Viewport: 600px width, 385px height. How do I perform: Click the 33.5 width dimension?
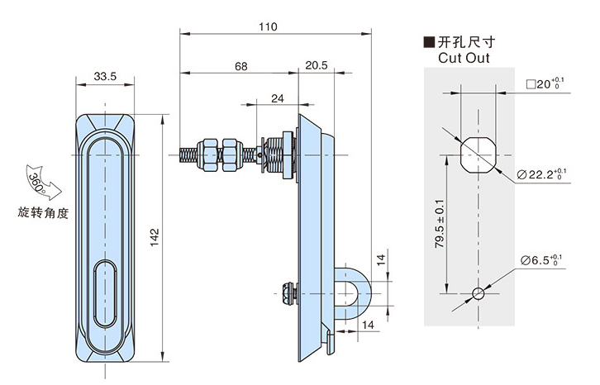(104, 77)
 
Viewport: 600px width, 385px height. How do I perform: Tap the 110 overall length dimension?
(267, 26)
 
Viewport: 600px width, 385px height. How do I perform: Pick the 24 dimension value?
(278, 98)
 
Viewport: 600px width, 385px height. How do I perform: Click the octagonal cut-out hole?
(476, 153)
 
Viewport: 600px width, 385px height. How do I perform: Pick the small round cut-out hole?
(476, 293)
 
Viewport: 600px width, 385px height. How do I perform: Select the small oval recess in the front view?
(104, 293)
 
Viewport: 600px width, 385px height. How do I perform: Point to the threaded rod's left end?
(183, 154)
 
